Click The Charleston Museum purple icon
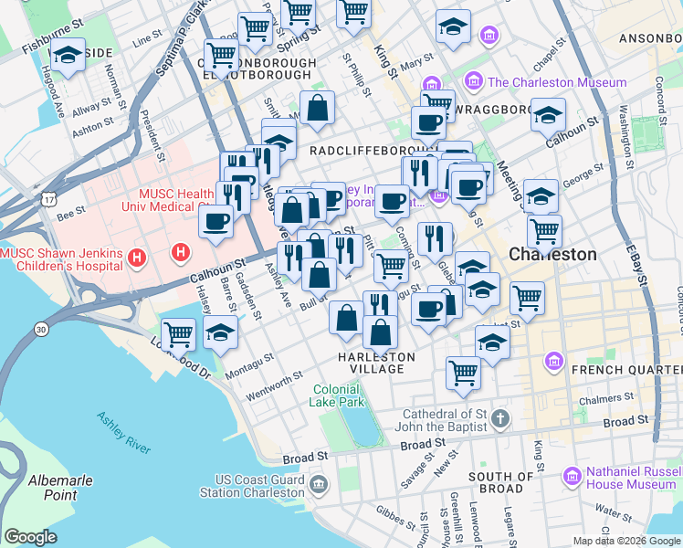(x=474, y=82)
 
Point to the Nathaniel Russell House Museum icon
(x=573, y=476)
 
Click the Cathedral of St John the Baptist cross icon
(x=499, y=419)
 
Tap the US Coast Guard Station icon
(x=318, y=483)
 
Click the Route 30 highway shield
(x=42, y=329)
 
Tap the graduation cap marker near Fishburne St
(x=66, y=56)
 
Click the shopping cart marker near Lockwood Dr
(x=178, y=333)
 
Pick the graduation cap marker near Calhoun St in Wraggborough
(x=548, y=115)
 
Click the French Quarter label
(x=626, y=369)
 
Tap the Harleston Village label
(x=376, y=363)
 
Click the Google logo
(x=31, y=537)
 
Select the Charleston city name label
(x=552, y=254)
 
